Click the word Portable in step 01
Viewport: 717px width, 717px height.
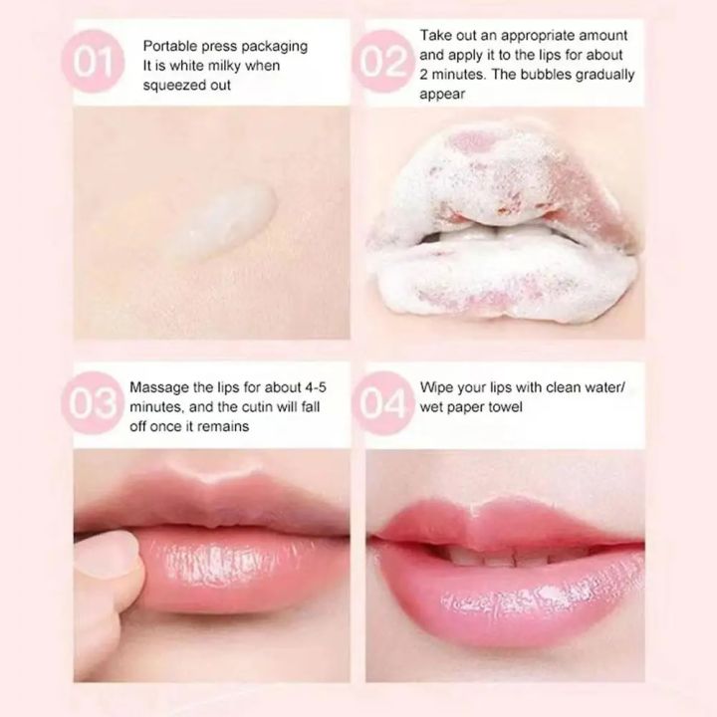170,47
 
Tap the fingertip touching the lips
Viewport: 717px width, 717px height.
111,559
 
